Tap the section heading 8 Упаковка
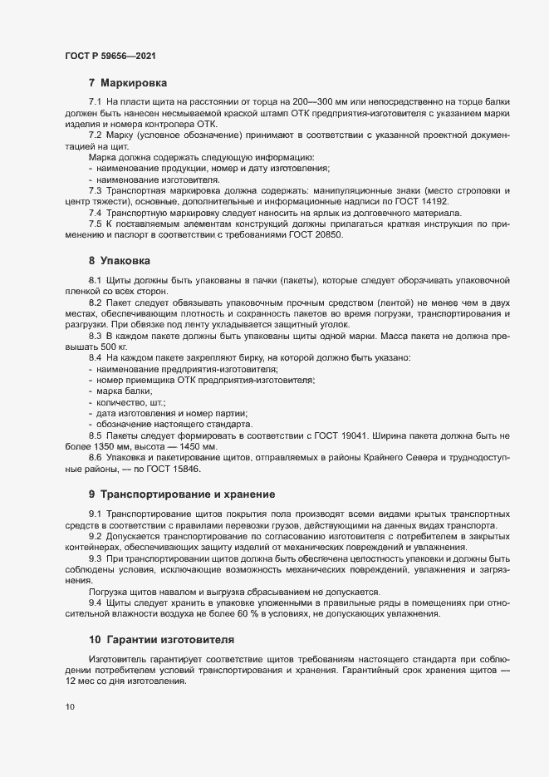[x=121, y=261]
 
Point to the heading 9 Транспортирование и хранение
[x=180, y=494]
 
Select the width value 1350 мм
[x=109, y=447]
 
